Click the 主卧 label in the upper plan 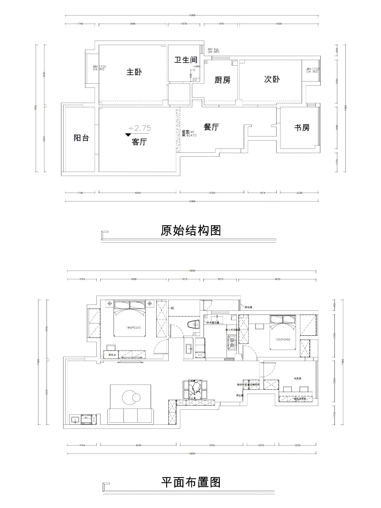pos(134,72)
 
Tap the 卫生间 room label pos(186,60)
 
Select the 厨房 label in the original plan pos(222,80)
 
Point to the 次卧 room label pos(272,79)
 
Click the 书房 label pos(302,128)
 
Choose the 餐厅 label pos(211,127)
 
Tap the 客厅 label pos(139,142)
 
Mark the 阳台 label pos(81,138)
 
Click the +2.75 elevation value pos(140,128)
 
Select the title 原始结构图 pos(191,231)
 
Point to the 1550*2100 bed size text pos(283,340)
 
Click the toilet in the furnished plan pos(193,325)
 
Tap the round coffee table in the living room pos(129,397)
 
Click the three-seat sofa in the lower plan pos(131,417)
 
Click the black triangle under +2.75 pos(128,134)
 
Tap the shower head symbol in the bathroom pos(173,308)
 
